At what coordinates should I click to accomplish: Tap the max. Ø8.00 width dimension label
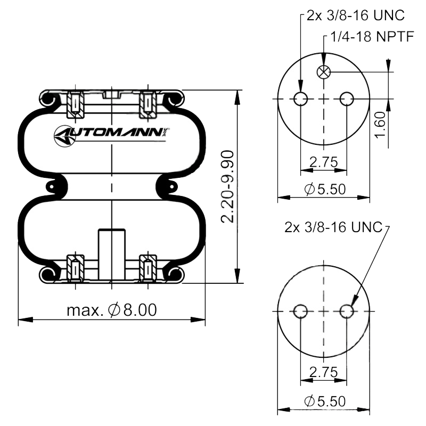point(112,310)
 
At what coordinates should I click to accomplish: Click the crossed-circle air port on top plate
point(323,72)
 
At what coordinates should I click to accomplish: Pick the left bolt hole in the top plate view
point(301,99)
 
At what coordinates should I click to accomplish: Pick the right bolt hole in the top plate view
point(347,99)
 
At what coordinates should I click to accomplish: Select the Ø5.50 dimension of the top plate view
point(325,189)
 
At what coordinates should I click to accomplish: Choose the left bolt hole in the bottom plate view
point(301,311)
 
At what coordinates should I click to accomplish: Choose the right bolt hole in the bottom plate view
point(347,311)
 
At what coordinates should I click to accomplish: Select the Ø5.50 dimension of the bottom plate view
point(325,401)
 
